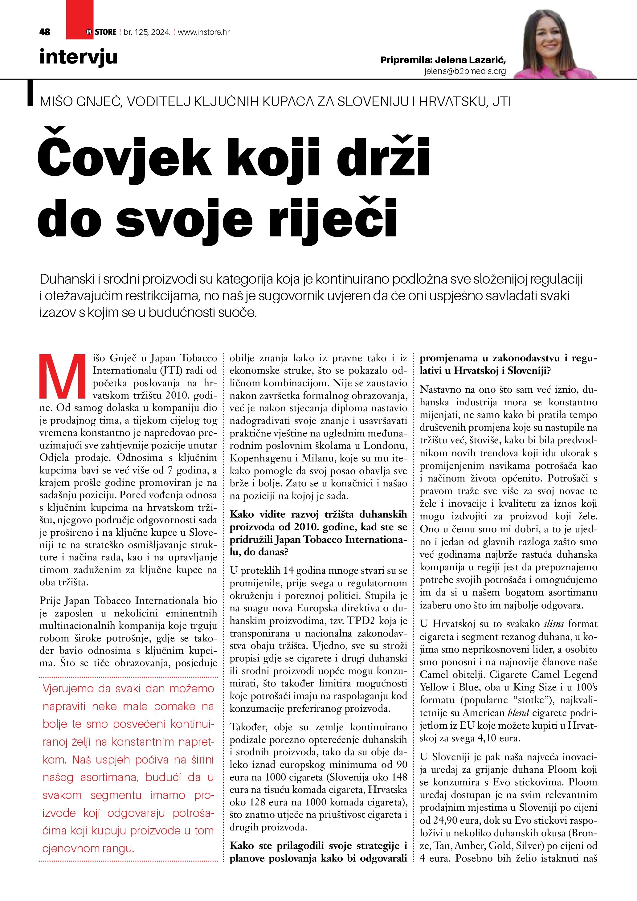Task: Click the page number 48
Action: tap(45, 32)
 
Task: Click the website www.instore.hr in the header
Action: tap(204, 32)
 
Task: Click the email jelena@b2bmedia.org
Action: tap(465, 71)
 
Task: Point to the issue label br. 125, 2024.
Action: tap(147, 32)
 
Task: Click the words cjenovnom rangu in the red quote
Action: tap(88, 848)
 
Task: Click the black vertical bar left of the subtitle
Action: tap(30, 93)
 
